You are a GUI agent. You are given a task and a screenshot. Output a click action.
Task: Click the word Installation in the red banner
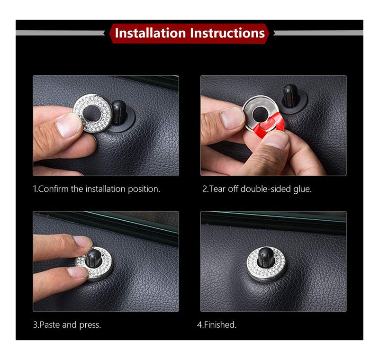(x=151, y=33)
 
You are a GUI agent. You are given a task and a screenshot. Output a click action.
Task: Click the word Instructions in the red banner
(x=227, y=33)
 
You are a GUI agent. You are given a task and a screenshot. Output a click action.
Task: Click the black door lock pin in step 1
(x=119, y=113)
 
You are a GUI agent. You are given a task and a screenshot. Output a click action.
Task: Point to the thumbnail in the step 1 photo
(x=68, y=126)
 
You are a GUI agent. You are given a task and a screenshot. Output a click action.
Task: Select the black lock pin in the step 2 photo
(x=290, y=96)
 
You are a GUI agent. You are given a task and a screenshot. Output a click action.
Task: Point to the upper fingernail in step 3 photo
(x=82, y=242)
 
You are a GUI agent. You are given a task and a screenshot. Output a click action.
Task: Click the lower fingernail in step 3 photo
(x=77, y=272)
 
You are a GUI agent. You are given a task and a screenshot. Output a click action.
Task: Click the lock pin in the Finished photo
(x=266, y=257)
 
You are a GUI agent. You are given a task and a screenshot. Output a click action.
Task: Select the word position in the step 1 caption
(x=144, y=189)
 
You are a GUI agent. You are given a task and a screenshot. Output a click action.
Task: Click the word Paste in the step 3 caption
(x=50, y=324)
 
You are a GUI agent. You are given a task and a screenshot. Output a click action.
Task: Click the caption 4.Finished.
(x=217, y=324)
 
